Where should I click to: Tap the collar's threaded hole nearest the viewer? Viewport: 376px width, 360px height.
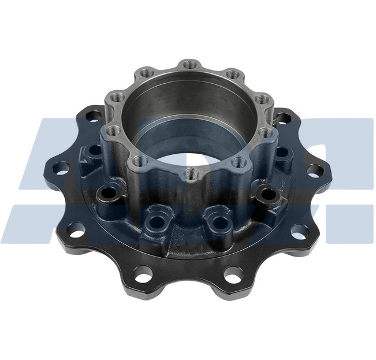[189, 172]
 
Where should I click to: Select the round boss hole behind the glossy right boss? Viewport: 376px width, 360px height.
[283, 153]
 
